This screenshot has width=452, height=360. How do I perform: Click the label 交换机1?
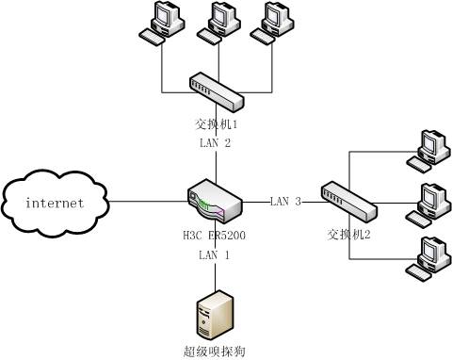click(216, 123)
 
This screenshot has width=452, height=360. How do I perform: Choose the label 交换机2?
click(349, 233)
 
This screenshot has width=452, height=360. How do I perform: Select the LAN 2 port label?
click(215, 143)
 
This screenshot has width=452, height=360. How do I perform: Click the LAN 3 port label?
click(285, 201)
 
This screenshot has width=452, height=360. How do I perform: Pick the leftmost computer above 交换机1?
click(160, 24)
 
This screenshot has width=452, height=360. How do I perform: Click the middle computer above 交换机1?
click(218, 24)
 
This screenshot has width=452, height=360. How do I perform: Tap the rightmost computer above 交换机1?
click(272, 24)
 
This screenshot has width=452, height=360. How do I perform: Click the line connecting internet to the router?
click(151, 201)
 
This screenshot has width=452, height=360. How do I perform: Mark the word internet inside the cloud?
click(55, 203)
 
